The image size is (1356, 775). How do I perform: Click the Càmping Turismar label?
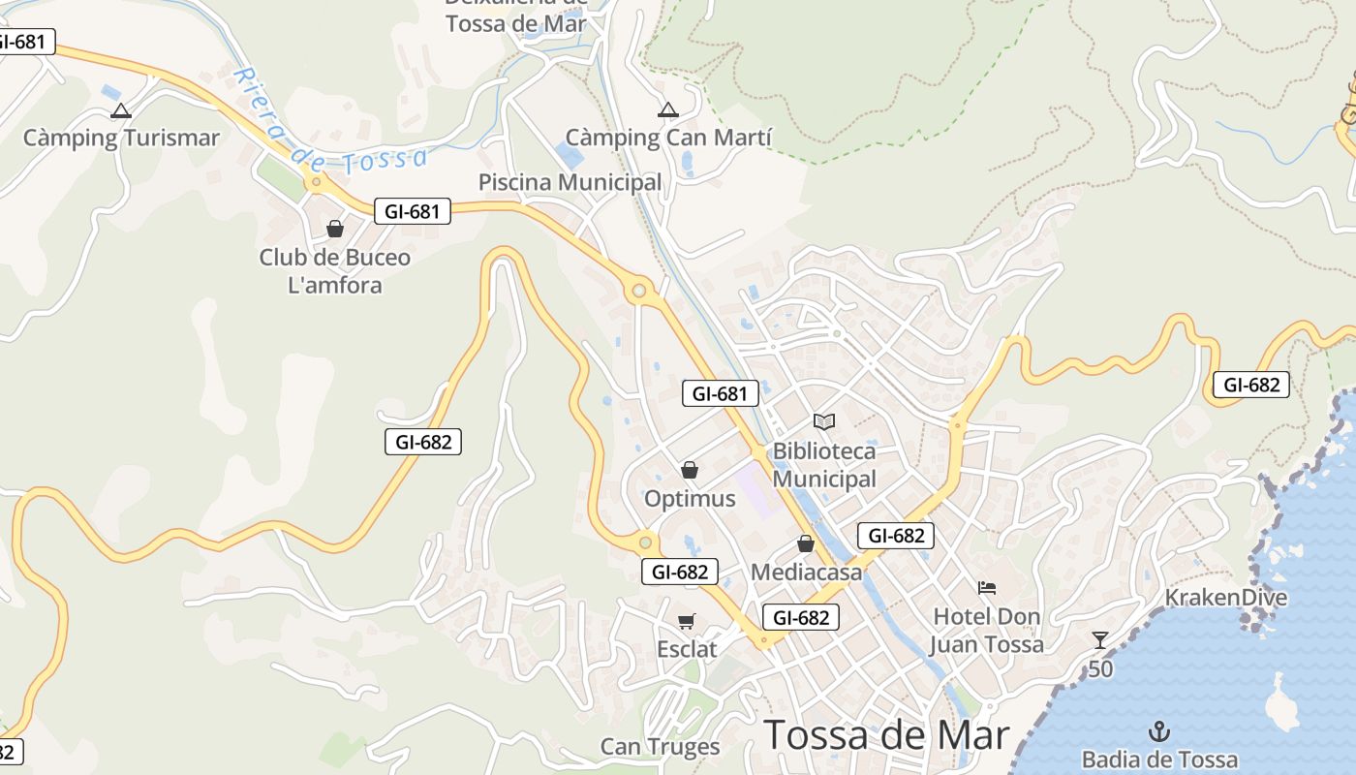coord(121,138)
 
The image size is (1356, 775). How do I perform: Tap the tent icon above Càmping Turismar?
coord(121,111)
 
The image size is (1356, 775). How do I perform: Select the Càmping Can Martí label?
coord(668,138)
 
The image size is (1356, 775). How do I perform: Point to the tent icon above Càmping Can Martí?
coord(668,110)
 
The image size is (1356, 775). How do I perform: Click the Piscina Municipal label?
coord(570,182)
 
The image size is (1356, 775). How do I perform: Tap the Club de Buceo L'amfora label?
coord(335,271)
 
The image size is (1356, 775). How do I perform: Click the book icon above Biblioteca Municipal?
coord(824,422)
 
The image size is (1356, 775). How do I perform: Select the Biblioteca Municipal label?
coord(824,465)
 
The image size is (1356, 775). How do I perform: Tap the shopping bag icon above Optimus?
coord(690,471)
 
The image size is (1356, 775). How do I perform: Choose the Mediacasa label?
coord(807,573)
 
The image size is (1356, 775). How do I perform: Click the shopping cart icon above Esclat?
coord(687,621)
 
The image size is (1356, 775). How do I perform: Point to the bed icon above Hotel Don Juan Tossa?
coord(987,588)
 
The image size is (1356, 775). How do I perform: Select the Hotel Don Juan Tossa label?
coord(987,631)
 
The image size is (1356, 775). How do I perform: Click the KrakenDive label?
coord(1226,597)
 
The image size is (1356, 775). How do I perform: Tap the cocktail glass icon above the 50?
coord(1100,639)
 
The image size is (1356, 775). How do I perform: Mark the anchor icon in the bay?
coord(1159,731)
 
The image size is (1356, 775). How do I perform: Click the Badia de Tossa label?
coord(1159,759)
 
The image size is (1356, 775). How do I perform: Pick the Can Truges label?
coord(661,747)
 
